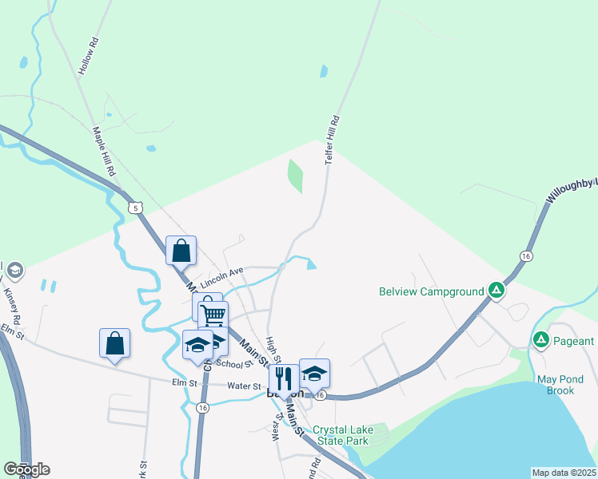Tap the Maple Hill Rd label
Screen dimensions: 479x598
point(104,151)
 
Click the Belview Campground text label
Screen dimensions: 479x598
point(431,291)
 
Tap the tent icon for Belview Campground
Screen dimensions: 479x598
point(496,291)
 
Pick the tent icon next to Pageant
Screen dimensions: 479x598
point(541,341)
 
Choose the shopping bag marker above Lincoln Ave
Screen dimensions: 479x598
point(181,250)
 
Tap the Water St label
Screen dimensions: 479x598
point(244,386)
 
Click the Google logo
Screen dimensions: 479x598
point(26,469)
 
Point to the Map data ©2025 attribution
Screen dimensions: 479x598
point(564,473)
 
